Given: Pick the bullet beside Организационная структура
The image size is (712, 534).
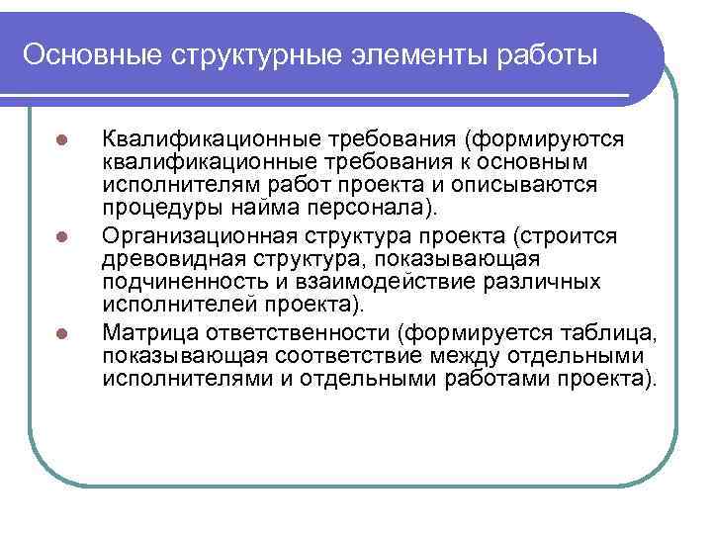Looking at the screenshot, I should point(60,236).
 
